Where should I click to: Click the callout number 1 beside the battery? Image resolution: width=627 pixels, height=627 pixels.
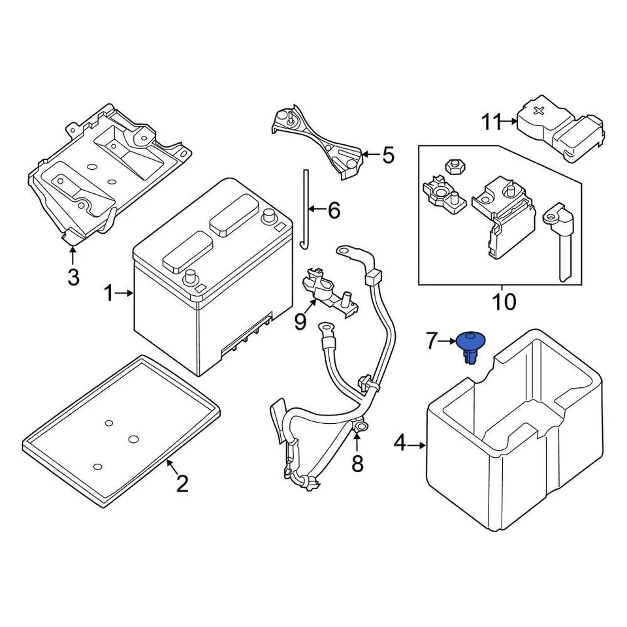pos(109,294)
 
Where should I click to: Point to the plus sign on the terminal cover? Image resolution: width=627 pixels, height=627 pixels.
pos(538,111)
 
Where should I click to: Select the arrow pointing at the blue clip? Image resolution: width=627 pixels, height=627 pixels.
pos(447,340)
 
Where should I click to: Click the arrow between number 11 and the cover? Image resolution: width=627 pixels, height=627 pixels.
pos(509,121)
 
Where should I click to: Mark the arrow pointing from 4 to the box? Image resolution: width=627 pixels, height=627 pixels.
pos(417,445)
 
